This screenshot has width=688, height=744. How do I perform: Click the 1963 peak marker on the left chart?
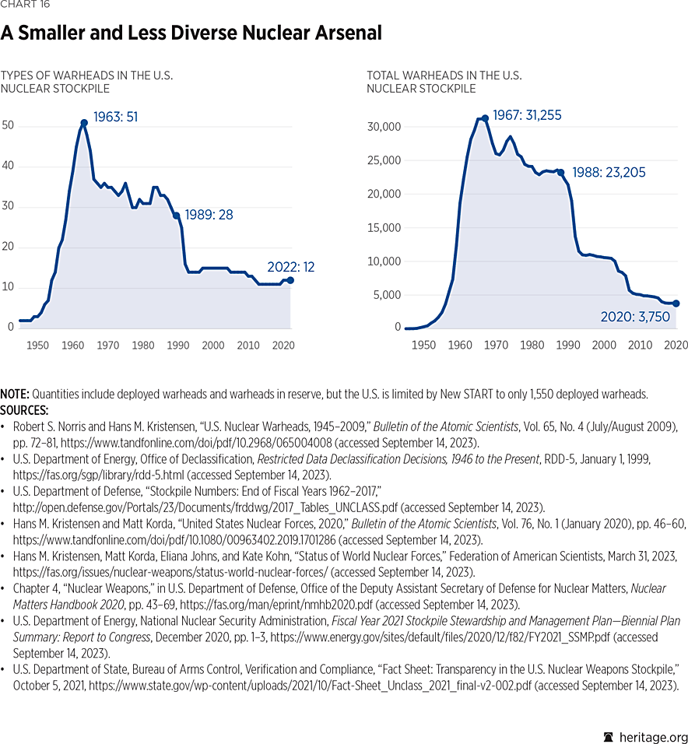[83, 122]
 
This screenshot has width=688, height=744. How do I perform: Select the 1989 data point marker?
[176, 216]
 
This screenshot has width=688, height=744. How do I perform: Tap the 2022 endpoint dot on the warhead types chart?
[290, 280]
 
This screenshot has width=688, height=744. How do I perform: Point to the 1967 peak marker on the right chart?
[485, 118]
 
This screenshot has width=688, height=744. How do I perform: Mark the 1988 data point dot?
[560, 173]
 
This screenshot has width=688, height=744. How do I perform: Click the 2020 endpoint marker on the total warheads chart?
[676, 304]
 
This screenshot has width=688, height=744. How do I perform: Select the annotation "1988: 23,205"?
[609, 173]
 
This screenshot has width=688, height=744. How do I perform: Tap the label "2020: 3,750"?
[634, 317]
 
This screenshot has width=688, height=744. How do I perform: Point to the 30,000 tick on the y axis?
[384, 127]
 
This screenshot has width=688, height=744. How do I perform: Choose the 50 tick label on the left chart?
[8, 126]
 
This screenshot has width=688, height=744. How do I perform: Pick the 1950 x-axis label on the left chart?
[38, 345]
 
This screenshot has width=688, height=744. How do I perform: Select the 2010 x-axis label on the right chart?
[641, 345]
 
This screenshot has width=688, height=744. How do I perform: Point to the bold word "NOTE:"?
[15, 394]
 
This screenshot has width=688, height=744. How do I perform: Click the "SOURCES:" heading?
[25, 409]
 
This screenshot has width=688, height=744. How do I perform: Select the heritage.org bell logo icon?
[609, 737]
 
